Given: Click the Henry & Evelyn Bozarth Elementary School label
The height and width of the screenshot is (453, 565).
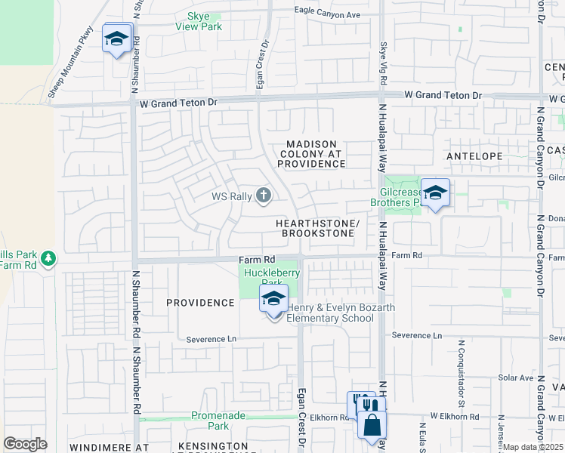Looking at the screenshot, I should [329, 313].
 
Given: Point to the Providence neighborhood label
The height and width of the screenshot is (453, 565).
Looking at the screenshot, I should [200, 303].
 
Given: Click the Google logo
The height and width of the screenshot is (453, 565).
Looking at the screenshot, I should [25, 444].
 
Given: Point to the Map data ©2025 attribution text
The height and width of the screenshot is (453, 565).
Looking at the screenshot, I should [533, 447].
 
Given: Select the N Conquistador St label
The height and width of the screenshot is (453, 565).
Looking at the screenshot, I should [461, 375].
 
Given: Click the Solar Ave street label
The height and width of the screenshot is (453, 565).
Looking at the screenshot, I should [516, 377].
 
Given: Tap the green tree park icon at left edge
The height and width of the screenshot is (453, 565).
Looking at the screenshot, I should [49, 258].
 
